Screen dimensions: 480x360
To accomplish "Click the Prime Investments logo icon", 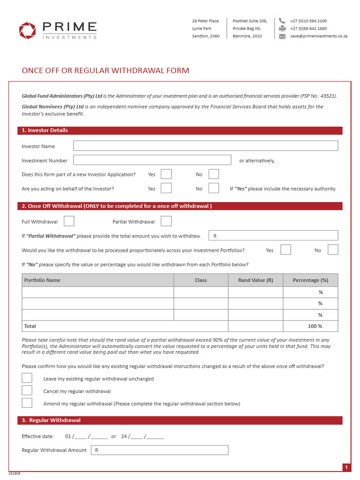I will tap(27, 30).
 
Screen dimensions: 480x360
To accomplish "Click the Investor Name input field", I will tap(205, 146).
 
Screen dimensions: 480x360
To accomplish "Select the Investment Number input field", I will tap(152, 160).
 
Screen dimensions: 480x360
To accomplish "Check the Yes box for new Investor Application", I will tap(166, 174).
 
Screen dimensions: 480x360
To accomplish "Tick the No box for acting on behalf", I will tap(214, 188).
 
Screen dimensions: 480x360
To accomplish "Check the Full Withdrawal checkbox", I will tap(69, 221).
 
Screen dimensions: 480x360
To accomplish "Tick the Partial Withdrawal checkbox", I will tap(166, 221).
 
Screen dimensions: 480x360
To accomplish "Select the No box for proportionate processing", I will tap(333, 250).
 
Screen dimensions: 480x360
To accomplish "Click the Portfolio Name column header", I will tap(42, 280).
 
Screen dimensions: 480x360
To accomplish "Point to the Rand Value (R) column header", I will tap(255, 280).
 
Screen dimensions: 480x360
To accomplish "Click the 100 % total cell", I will tap(310, 326).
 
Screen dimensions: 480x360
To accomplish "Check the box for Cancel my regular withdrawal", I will tap(27, 391).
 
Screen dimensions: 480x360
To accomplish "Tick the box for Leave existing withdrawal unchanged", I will tap(27, 378).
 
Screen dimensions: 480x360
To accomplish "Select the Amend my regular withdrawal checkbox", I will tap(27, 403).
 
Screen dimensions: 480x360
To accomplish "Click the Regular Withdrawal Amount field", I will tap(159, 450).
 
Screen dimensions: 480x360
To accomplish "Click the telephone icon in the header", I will tap(282, 21).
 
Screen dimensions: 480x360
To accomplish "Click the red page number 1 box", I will tap(346, 467).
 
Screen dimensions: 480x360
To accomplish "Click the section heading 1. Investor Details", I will tap(45, 130).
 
